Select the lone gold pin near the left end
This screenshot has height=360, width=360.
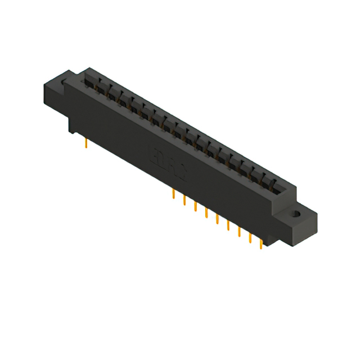(x=85, y=143)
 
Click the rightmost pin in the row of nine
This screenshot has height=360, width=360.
(x=260, y=242)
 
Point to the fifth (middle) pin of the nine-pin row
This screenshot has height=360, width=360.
(x=217, y=219)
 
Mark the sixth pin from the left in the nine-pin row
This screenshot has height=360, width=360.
(x=228, y=224)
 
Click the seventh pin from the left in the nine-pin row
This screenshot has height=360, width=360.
(x=239, y=231)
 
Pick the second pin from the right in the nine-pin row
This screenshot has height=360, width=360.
(x=250, y=236)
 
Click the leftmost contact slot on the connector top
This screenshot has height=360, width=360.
(x=90, y=82)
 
